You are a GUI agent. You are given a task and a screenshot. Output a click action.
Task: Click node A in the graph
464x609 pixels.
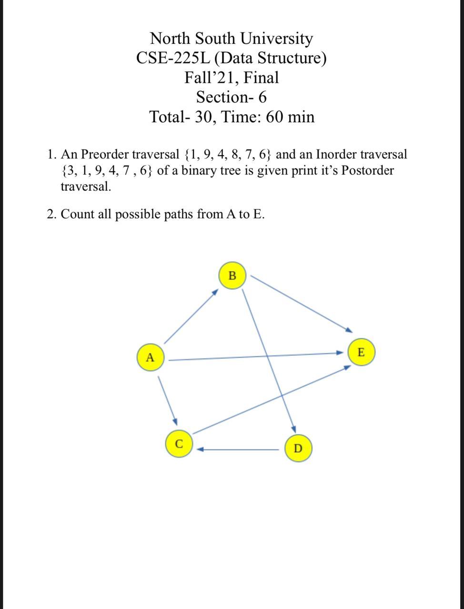click(x=151, y=357)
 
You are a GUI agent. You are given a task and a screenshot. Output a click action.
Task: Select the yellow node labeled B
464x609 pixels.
click(x=232, y=275)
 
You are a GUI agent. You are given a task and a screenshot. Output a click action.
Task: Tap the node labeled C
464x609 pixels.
click(x=179, y=443)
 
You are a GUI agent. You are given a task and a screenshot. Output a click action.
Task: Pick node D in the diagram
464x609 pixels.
click(x=298, y=448)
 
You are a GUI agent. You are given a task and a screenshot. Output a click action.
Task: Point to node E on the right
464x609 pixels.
click(x=361, y=353)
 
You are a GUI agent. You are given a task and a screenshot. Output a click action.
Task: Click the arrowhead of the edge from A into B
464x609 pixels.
click(x=215, y=292)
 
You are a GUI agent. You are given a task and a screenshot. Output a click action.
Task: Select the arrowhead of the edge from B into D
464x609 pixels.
click(x=294, y=428)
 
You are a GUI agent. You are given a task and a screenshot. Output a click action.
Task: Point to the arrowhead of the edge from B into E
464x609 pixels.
click(x=349, y=329)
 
